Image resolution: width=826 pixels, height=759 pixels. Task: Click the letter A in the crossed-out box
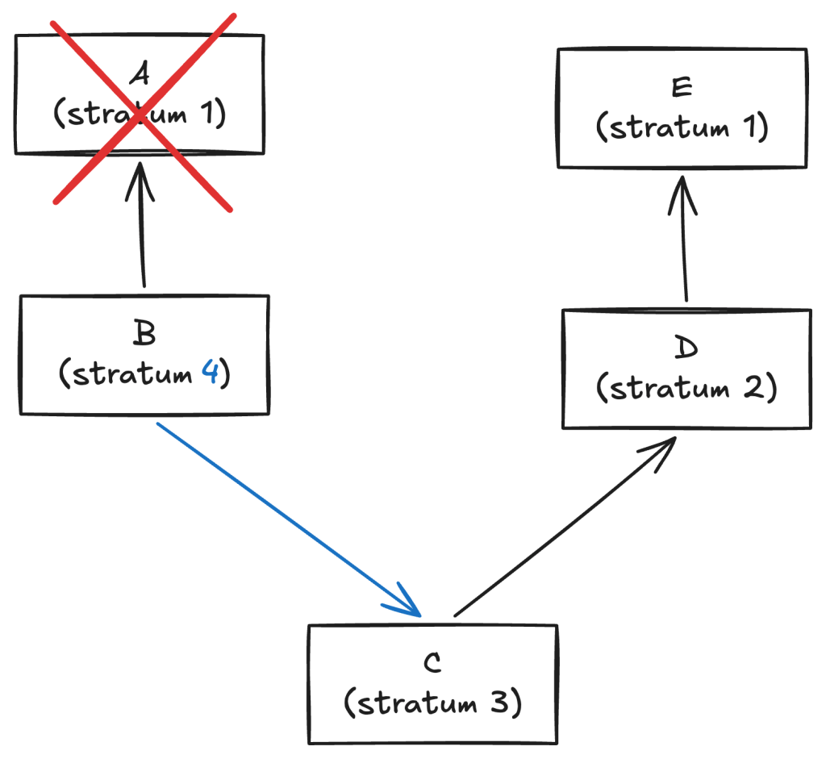pyautogui.click(x=140, y=73)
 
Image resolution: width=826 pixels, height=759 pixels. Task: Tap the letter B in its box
pyautogui.click(x=144, y=333)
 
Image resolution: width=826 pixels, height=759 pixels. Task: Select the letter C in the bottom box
pyautogui.click(x=432, y=662)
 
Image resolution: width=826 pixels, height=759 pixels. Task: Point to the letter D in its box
pyautogui.click(x=686, y=347)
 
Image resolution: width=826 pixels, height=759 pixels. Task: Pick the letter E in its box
pyautogui.click(x=682, y=87)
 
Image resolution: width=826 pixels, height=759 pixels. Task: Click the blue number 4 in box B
pyautogui.click(x=211, y=373)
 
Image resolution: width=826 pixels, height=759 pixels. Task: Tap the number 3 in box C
pyautogui.click(x=499, y=702)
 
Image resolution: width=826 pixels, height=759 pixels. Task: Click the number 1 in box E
pyautogui.click(x=749, y=127)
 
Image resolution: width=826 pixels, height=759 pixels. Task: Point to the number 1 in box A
pyautogui.click(x=207, y=113)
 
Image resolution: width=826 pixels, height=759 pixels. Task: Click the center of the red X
pyautogui.click(x=140, y=111)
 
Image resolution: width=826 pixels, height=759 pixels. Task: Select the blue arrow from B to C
pyautogui.click(x=289, y=519)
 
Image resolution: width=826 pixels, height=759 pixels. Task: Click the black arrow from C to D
pyautogui.click(x=565, y=526)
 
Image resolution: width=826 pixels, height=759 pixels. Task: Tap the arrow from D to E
pyautogui.click(x=684, y=239)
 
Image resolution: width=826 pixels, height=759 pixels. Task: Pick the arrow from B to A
pyautogui.click(x=141, y=224)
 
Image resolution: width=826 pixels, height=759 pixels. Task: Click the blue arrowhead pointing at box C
pyautogui.click(x=407, y=604)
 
